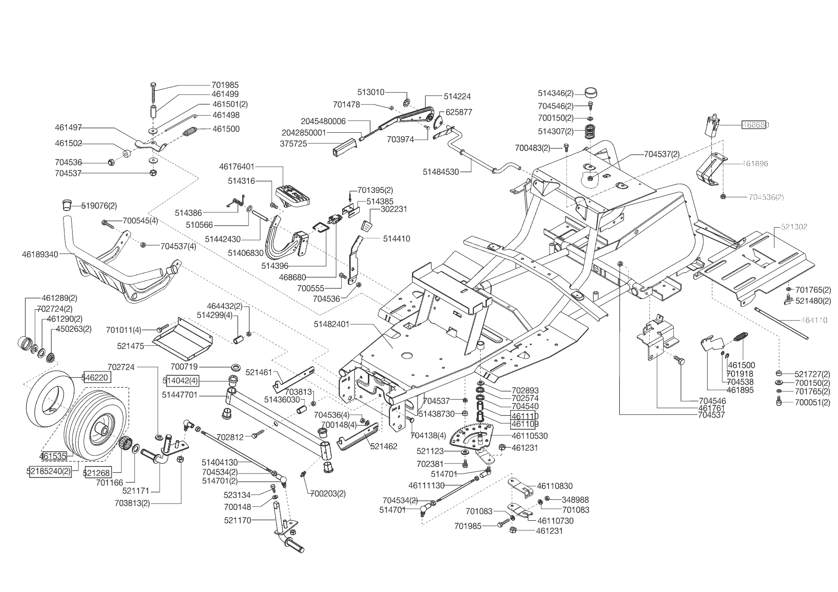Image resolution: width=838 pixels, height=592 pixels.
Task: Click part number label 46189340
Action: (x=40, y=254)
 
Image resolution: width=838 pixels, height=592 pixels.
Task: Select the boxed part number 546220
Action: (x=97, y=378)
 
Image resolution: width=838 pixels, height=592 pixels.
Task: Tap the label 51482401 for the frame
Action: (x=332, y=324)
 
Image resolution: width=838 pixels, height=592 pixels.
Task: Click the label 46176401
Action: (x=237, y=167)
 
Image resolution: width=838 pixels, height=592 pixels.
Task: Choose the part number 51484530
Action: (x=440, y=171)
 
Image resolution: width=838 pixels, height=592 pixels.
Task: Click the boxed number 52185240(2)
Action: (x=49, y=471)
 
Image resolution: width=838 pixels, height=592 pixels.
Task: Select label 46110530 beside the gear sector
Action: (x=529, y=436)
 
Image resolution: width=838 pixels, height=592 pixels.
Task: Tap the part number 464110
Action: (x=814, y=320)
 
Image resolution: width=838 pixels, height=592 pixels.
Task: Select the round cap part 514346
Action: (x=591, y=93)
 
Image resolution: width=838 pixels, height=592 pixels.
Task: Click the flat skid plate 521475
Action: (x=183, y=338)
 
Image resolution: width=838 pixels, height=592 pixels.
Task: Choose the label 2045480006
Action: (x=323, y=121)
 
